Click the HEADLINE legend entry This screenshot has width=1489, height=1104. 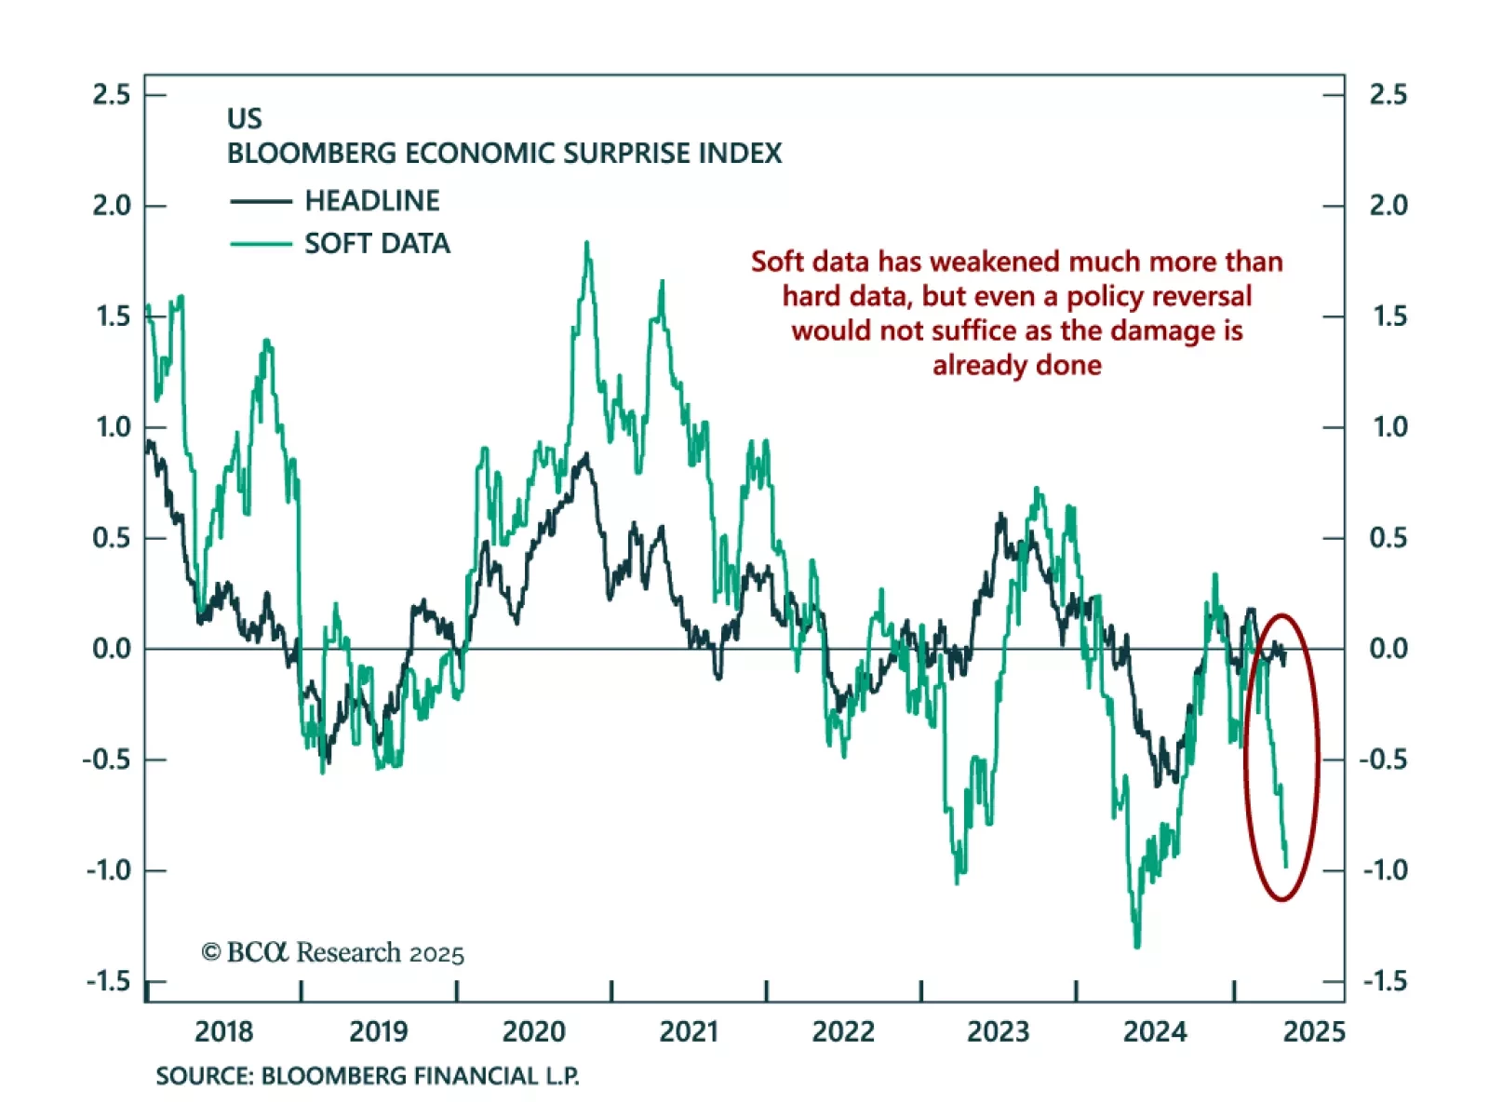(371, 201)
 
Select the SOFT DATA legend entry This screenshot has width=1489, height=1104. (377, 244)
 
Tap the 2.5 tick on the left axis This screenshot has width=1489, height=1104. (112, 95)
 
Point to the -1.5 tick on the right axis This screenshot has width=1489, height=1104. (1386, 981)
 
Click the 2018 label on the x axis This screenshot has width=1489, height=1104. (223, 1031)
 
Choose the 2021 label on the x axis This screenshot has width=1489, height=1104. (689, 1031)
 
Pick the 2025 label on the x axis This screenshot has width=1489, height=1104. (1314, 1031)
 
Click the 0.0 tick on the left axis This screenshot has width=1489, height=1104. (112, 649)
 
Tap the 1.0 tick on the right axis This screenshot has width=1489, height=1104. (1389, 427)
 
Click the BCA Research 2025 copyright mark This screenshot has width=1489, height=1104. (332, 952)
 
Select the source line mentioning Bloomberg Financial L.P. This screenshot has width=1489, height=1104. (368, 1076)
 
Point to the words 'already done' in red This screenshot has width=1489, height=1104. (1017, 365)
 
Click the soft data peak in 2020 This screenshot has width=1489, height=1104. (587, 244)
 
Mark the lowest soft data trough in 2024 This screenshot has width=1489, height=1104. (1137, 946)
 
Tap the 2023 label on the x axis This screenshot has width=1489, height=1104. (998, 1031)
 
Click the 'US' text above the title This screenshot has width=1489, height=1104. (245, 119)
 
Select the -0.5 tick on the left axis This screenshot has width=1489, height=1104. (107, 760)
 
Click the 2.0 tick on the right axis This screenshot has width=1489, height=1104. (1388, 206)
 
